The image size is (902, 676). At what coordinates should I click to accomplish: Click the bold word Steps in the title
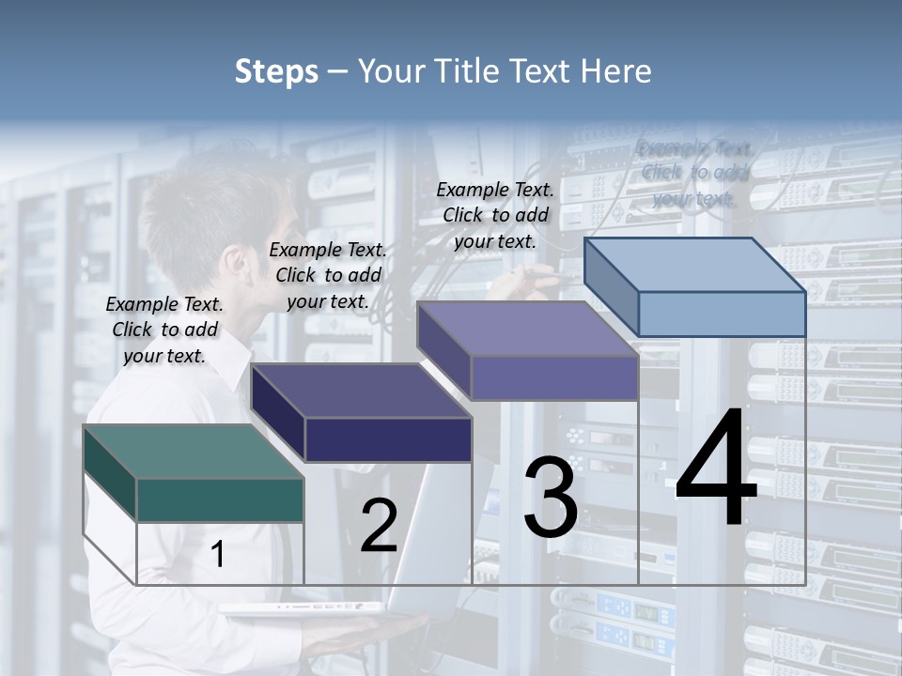click(276, 71)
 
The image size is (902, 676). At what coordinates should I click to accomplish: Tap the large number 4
click(716, 469)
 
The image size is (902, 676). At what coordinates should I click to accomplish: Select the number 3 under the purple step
click(551, 498)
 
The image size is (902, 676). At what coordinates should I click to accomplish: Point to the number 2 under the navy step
click(379, 526)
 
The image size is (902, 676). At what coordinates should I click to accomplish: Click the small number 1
click(217, 555)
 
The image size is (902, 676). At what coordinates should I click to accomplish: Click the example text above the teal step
click(164, 330)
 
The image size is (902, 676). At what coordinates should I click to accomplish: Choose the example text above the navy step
click(328, 275)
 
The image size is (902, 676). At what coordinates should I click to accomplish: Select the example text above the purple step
click(495, 215)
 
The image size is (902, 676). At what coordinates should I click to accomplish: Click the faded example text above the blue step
click(694, 173)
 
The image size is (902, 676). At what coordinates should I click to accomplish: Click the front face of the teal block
click(220, 499)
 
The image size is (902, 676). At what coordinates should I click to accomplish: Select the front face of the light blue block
click(722, 314)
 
